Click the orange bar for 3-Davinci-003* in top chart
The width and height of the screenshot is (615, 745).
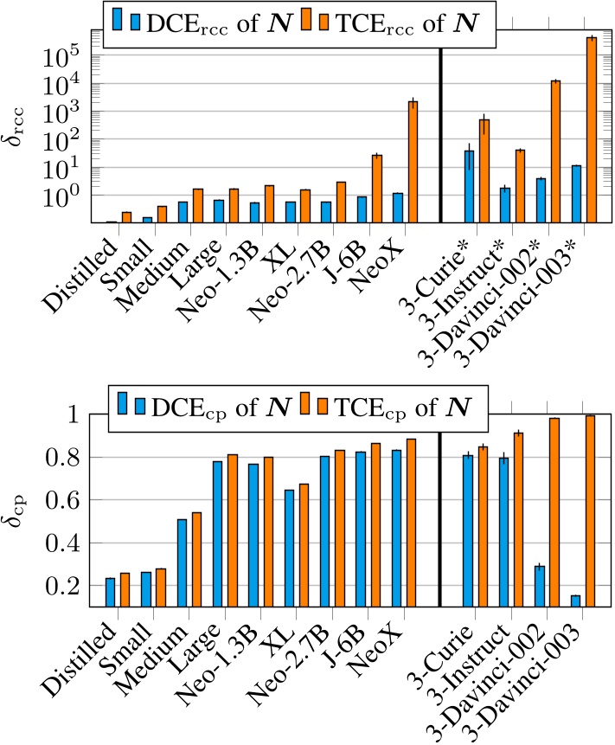pyautogui.click(x=592, y=130)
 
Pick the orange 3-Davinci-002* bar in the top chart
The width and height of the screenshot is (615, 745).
pyautogui.click(x=556, y=151)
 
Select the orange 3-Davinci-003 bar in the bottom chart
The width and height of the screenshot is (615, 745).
pyautogui.click(x=592, y=511)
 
